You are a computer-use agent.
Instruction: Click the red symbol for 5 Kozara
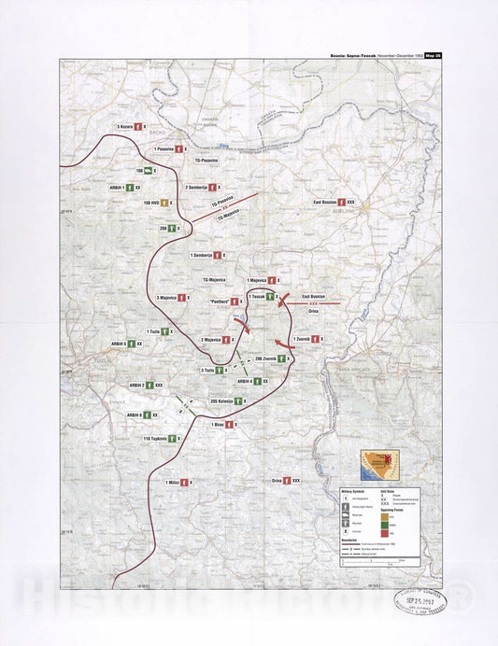[137, 126]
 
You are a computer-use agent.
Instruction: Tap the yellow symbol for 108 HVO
[164, 203]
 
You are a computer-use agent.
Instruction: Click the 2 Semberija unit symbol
[214, 188]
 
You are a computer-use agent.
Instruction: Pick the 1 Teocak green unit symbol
[270, 296]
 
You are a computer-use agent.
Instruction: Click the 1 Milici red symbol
[184, 482]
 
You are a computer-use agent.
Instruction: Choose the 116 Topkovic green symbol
[173, 439]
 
